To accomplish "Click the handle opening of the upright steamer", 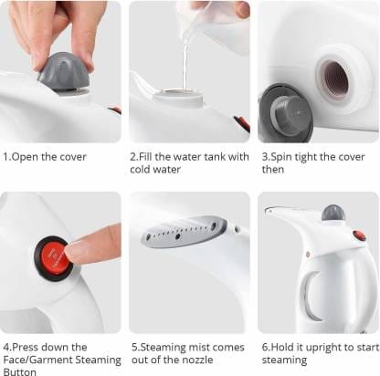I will (312, 297).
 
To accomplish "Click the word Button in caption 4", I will (18, 371).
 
